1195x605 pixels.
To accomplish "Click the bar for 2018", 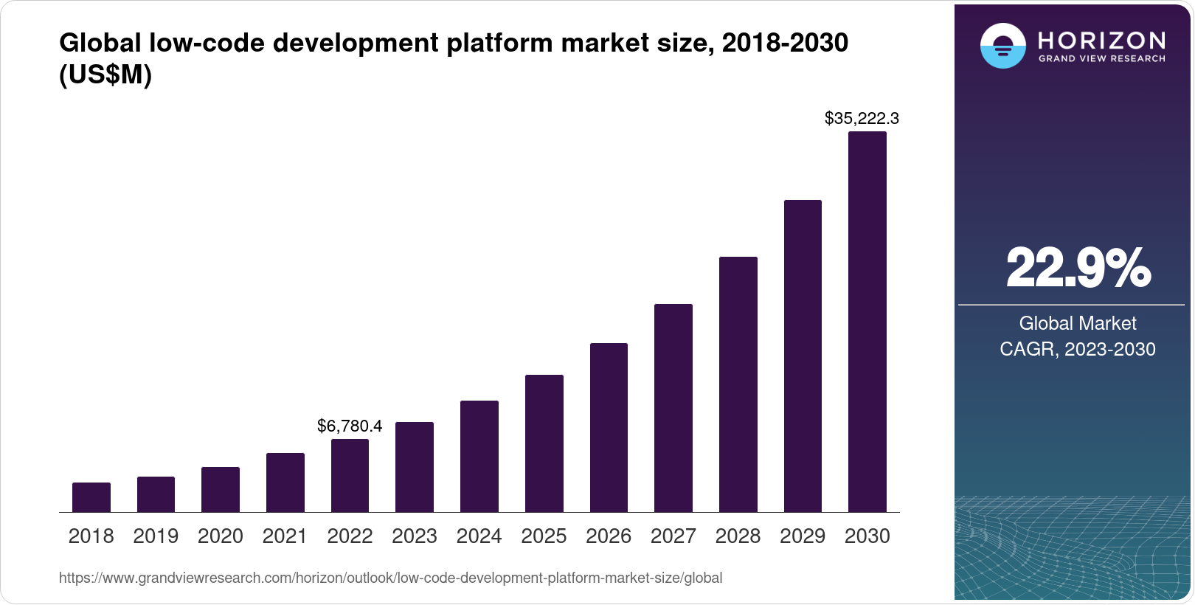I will tap(91, 497).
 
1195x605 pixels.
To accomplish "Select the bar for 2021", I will tap(285, 483).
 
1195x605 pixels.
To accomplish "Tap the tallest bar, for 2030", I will tap(867, 322).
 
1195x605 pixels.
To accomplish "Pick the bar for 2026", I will tap(609, 427).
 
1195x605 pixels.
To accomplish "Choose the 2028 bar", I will tap(738, 384).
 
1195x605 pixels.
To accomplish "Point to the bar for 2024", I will tap(479, 456).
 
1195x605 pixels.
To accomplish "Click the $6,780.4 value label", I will tap(350, 426).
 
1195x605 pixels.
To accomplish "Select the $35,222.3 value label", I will tap(862, 118).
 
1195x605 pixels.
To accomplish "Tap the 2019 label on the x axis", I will tap(156, 536).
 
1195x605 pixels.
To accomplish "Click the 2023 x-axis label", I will tap(415, 536).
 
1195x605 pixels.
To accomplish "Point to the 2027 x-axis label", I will tap(673, 536).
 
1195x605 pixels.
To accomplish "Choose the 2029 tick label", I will tap(803, 536).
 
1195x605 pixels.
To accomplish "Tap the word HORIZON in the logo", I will tap(1101, 40).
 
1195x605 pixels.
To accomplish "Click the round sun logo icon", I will tap(1002, 46).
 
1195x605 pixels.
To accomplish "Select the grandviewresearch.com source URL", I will tap(390, 578).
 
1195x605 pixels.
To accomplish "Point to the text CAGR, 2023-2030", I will tap(1078, 349).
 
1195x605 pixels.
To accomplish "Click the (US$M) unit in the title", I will tap(105, 75).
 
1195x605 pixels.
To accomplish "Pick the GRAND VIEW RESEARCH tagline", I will tap(1101, 58).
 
